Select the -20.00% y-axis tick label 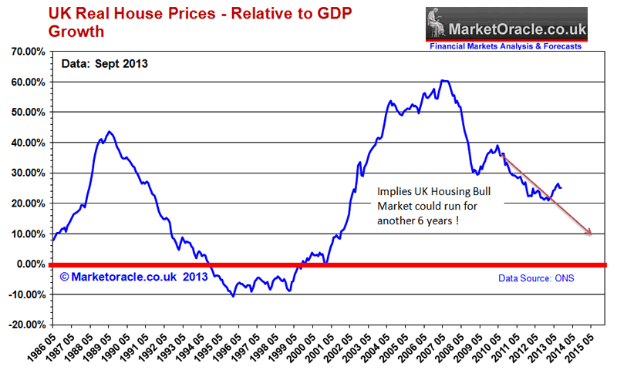(25, 325)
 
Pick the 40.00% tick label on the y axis (28, 143)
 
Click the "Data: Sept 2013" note (104, 64)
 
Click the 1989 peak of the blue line (110, 132)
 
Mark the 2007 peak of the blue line (443, 80)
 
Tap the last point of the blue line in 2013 (561, 187)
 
